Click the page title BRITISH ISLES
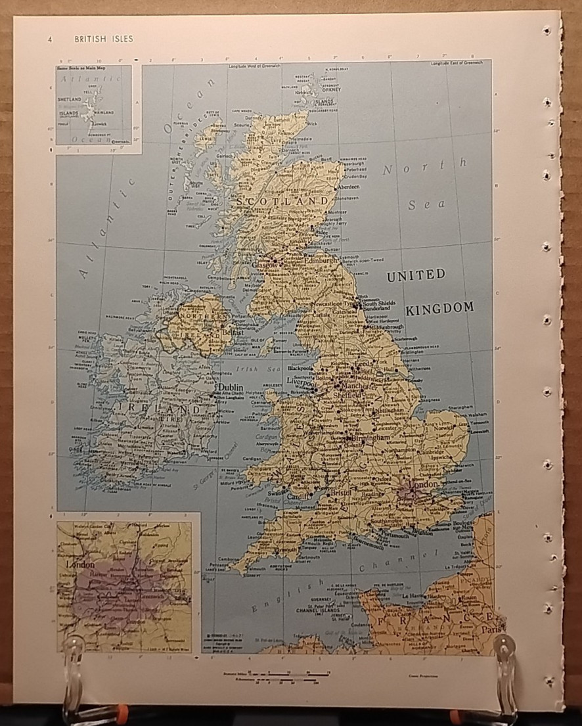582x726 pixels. coord(104,39)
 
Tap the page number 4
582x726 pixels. coord(50,39)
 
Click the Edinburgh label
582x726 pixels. coord(321,260)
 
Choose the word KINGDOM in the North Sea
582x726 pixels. coord(439,307)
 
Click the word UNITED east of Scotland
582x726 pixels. coord(415,275)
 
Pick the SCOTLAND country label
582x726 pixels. coord(283,200)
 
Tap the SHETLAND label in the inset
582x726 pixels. coord(69,99)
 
